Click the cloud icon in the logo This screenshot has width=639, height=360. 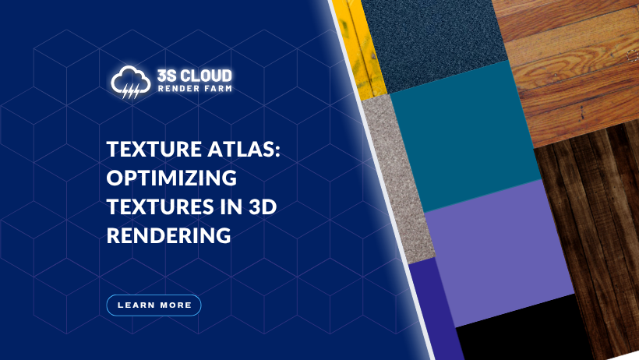point(129,82)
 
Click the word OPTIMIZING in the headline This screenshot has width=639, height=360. point(171,178)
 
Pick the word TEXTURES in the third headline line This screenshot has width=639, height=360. point(155,206)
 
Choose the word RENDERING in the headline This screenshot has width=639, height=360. point(168,235)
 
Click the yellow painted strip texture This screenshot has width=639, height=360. point(358,47)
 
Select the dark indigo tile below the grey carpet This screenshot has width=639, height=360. point(432,312)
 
